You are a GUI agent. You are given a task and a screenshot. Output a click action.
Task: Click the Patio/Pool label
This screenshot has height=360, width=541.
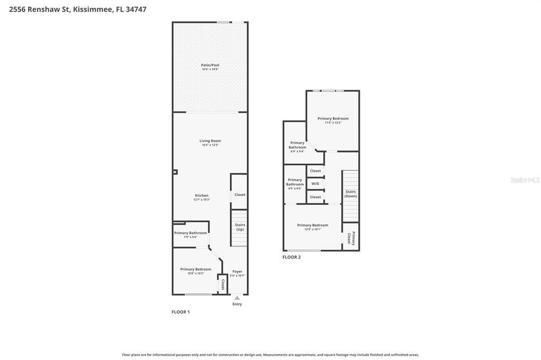click(x=210, y=65)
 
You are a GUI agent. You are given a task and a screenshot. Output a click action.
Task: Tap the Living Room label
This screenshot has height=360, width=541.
click(x=210, y=141)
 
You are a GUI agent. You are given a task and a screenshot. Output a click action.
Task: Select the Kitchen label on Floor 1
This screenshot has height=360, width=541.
click(x=201, y=195)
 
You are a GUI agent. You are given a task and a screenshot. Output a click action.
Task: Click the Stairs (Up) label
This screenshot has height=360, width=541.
click(x=240, y=227)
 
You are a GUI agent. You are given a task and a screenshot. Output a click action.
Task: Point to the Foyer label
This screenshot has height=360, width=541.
click(x=237, y=271)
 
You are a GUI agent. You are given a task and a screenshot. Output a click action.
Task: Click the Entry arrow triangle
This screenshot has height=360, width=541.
click(x=237, y=298)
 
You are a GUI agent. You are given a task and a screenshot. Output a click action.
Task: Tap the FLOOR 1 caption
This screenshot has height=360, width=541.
click(x=180, y=312)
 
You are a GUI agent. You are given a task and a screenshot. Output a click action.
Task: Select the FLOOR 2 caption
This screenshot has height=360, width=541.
click(x=291, y=257)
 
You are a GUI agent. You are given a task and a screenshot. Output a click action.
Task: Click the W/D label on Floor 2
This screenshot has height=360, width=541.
click(x=315, y=184)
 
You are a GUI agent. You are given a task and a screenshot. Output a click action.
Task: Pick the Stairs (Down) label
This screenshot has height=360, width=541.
click(x=350, y=194)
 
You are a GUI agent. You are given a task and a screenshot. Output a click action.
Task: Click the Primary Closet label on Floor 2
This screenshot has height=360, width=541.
click(x=351, y=239)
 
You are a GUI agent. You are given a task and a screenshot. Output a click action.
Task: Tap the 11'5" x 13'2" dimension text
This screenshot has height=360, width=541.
click(x=333, y=122)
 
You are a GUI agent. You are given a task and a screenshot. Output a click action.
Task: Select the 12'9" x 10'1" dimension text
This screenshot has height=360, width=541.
click(x=312, y=229)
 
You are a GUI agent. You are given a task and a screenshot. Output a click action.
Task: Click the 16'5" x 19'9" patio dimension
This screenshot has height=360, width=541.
click(x=210, y=69)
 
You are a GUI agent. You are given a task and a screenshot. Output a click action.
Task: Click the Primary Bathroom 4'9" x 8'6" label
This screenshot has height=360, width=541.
click(x=295, y=182)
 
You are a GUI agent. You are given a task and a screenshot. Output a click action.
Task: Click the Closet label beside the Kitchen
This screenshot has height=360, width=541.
click(x=240, y=195)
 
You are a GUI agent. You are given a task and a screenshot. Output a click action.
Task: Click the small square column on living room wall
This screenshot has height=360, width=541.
click(x=175, y=172)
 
